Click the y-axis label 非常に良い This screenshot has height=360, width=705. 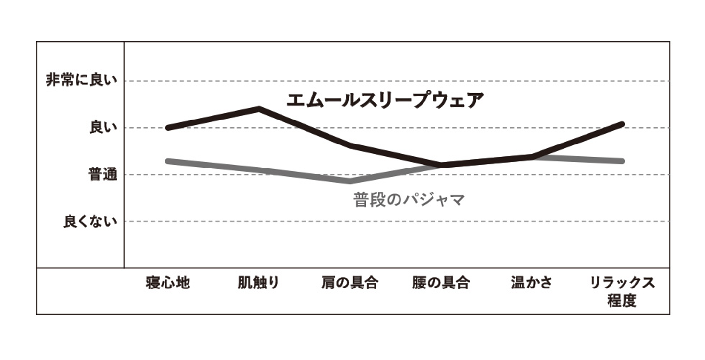(82, 80)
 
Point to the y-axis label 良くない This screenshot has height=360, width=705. (91, 221)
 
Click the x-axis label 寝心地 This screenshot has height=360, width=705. (167, 283)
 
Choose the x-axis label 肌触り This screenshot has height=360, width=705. (258, 283)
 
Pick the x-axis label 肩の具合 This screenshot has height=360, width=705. (350, 283)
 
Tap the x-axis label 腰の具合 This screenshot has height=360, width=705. (441, 283)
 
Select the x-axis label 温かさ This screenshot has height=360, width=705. (531, 283)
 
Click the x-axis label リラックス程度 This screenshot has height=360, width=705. (622, 291)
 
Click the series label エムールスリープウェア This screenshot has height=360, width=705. (385, 100)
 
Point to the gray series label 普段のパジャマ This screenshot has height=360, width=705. (409, 200)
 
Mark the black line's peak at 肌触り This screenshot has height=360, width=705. (259, 108)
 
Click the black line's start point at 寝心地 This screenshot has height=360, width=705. (167, 128)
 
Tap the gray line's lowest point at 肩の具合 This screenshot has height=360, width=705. (350, 181)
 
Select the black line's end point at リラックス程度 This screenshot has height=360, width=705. (622, 124)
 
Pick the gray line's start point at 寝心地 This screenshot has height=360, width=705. (167, 161)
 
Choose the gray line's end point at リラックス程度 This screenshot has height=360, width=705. (622, 161)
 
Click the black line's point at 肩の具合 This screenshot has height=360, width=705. (350, 145)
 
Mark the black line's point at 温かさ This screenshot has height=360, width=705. (532, 157)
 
